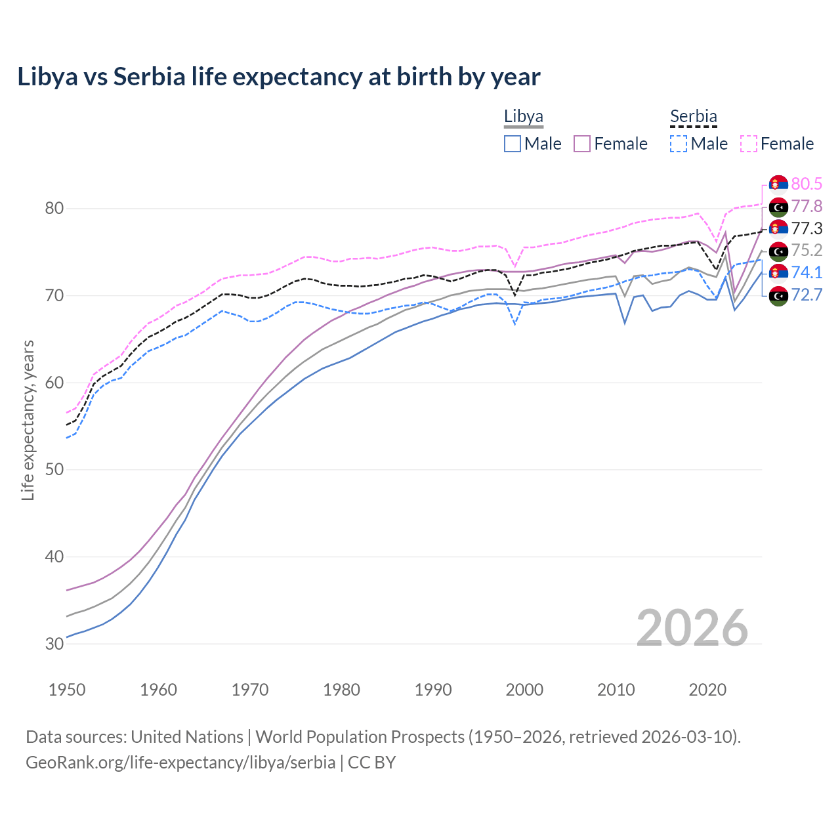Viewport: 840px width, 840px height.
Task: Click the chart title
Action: [279, 77]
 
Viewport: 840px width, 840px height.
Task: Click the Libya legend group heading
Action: [523, 117]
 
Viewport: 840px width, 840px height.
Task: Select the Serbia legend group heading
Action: [693, 117]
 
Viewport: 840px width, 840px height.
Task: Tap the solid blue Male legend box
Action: [513, 144]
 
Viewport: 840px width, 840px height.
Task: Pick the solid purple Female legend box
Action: [582, 144]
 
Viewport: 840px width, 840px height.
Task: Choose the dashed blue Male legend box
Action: [679, 144]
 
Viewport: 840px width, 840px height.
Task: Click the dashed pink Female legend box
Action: [749, 144]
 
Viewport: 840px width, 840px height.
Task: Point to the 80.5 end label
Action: [807, 184]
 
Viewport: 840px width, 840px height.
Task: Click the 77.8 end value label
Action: [807, 207]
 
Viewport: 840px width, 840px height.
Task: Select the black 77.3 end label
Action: [807, 229]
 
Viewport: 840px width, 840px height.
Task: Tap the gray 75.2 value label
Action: [807, 251]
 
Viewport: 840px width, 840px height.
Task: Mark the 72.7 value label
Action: [807, 295]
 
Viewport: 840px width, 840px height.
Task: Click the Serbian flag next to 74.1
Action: [778, 273]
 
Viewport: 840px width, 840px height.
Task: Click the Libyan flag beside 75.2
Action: [778, 251]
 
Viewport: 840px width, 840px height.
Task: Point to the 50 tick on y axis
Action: [54, 470]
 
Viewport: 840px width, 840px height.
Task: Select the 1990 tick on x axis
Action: [433, 690]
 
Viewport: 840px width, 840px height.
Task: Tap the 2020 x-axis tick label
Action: [707, 690]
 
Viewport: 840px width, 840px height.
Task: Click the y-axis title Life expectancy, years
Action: [28, 420]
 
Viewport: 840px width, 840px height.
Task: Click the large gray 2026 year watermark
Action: [692, 628]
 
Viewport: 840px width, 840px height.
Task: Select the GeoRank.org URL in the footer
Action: [180, 763]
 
